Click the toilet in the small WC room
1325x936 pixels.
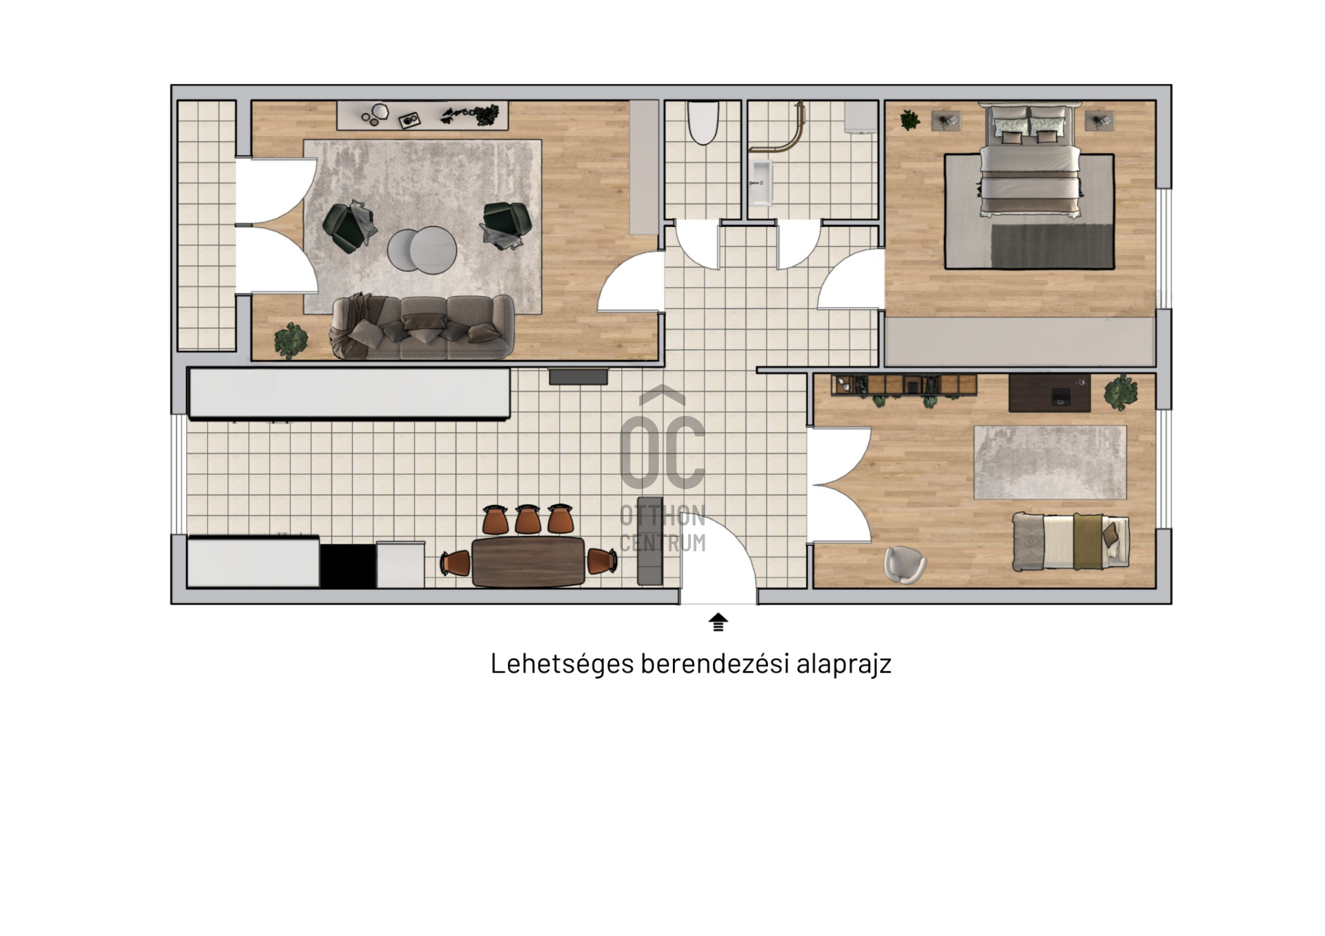click(703, 123)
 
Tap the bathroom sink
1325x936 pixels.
click(761, 183)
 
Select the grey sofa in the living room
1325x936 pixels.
click(422, 327)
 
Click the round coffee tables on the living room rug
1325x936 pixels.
click(422, 250)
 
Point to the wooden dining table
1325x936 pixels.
click(528, 561)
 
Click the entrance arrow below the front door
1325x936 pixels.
click(718, 621)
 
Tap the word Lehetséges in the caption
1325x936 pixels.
click(562, 664)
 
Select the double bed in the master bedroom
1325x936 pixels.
click(1030, 160)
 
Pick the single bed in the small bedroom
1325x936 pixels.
click(1070, 541)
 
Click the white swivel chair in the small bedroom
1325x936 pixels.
click(905, 564)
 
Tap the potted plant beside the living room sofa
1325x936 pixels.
click(291, 341)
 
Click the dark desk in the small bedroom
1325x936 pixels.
click(1050, 393)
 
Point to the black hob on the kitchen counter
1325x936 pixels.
click(348, 566)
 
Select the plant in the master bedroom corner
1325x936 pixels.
click(910, 120)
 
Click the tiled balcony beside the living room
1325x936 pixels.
click(207, 226)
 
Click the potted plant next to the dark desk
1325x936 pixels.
click(1121, 393)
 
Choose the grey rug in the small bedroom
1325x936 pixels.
click(1050, 462)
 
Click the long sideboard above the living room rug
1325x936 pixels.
click(422, 115)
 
